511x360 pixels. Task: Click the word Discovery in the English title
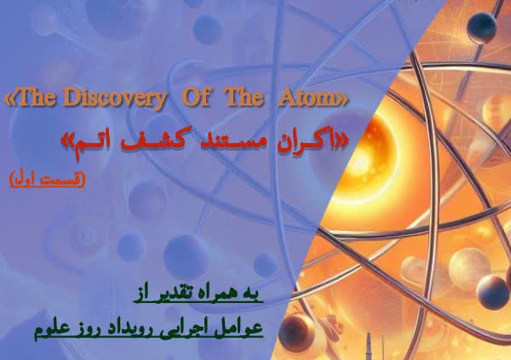click(x=118, y=98)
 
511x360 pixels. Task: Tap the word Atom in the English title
click(x=308, y=98)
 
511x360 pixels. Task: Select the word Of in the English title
click(x=195, y=97)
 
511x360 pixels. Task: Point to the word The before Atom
click(x=245, y=97)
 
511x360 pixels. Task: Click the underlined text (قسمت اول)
click(x=48, y=179)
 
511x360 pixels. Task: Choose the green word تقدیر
click(x=173, y=294)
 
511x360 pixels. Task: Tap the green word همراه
click(x=215, y=293)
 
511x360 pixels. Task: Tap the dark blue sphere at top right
click(x=481, y=27)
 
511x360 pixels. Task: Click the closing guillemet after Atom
click(x=344, y=100)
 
